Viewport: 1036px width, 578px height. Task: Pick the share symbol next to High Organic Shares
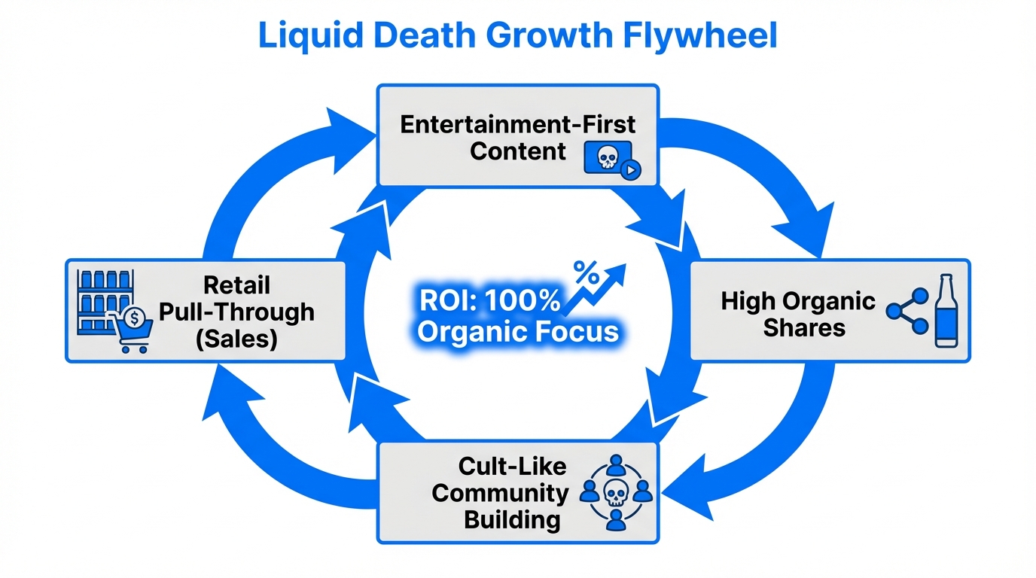tap(907, 311)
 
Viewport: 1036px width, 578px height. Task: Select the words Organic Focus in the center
tap(518, 332)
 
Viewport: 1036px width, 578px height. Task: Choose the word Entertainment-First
tap(518, 124)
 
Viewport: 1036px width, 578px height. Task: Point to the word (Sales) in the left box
tap(236, 339)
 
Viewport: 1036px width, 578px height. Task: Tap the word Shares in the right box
tap(803, 328)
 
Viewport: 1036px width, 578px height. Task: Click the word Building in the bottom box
tap(512, 520)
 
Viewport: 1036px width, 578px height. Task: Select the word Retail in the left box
tap(236, 285)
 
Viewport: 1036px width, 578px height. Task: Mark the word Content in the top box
tap(518, 151)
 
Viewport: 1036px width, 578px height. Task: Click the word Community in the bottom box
tap(501, 494)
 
